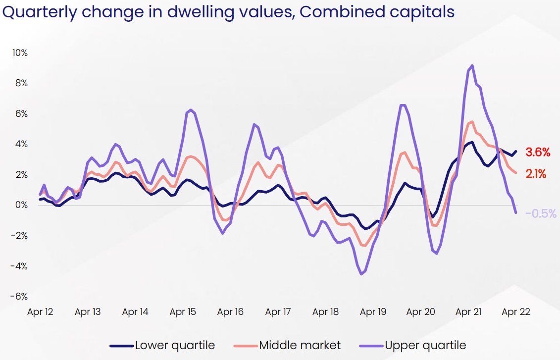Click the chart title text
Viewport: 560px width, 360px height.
[228, 11]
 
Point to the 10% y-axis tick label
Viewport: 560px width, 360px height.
[19, 52]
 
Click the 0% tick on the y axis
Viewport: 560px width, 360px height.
[21, 205]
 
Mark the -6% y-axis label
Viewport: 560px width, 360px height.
[19, 297]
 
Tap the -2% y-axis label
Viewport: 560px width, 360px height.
[19, 236]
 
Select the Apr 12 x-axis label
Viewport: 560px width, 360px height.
[40, 312]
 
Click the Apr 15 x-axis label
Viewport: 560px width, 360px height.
[183, 312]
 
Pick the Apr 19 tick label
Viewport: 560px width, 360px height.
[373, 312]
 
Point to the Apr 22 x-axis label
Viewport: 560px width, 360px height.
[516, 312]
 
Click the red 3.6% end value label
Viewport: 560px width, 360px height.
[538, 153]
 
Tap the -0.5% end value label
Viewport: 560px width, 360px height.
[541, 214]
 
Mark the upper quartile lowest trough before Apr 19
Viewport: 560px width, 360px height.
[361, 274]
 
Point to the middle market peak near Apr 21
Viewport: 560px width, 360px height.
[472, 121]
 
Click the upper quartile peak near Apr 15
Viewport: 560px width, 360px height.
[191, 110]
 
